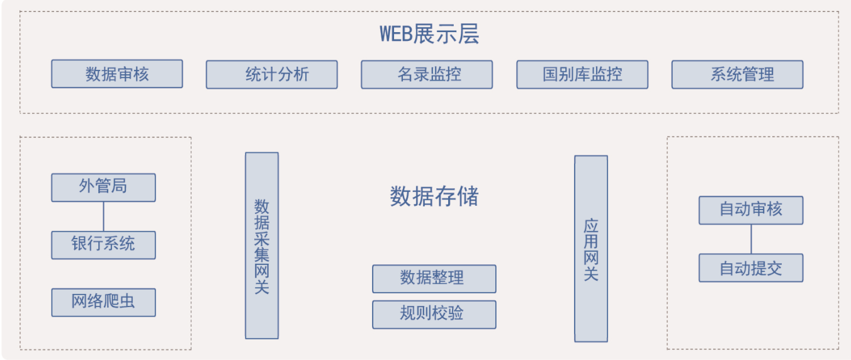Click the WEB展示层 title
[x=429, y=33]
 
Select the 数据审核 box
[x=117, y=74]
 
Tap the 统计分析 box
[x=272, y=74]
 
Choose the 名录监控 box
[x=427, y=74]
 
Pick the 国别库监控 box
[x=582, y=74]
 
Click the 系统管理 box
[x=737, y=74]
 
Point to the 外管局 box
[x=103, y=187]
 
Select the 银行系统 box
[x=103, y=245]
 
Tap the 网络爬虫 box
[x=103, y=302]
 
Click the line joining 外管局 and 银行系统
[x=103, y=216]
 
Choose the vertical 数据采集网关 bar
[x=262, y=245]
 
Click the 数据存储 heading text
[x=434, y=196]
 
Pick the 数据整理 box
[x=434, y=278]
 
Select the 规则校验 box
[x=434, y=314]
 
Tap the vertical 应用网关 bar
[x=590, y=249]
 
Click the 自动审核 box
[x=751, y=210]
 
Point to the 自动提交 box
[x=751, y=268]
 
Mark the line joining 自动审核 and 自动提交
[x=751, y=239]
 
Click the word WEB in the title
[x=395, y=33]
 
